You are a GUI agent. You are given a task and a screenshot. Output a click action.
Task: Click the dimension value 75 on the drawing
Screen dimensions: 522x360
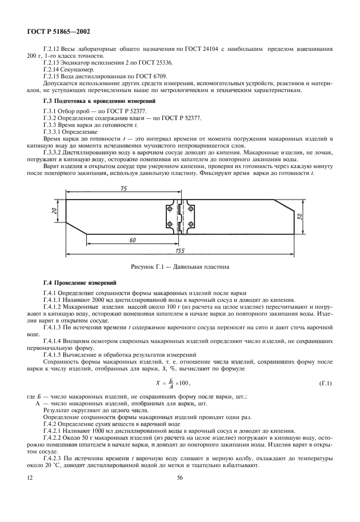tap(123, 188)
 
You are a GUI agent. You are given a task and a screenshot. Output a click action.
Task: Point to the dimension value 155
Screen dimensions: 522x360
tap(181, 250)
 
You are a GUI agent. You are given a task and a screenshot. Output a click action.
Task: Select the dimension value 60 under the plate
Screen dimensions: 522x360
tap(133, 240)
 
